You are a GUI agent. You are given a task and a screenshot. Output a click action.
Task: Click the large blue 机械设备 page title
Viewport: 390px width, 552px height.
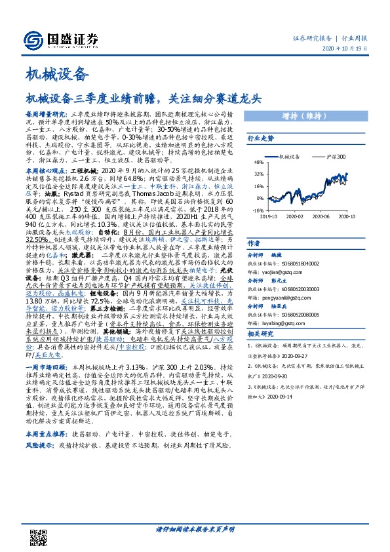[x=56, y=73]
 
